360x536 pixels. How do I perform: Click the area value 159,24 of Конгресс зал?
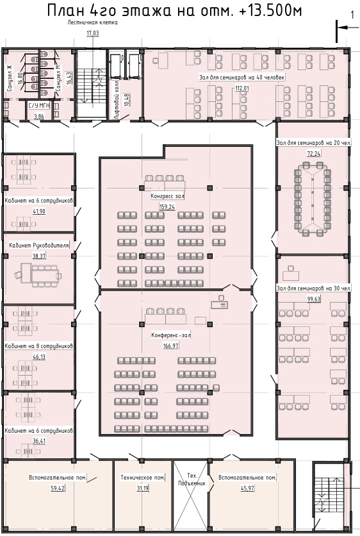coord(167,206)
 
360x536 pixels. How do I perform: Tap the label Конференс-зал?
coord(171,335)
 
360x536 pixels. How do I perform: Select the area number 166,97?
coord(171,346)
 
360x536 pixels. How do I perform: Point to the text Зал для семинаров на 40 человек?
coord(242,77)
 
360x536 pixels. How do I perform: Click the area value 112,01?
coord(242,88)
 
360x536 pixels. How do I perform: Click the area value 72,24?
coord(314,153)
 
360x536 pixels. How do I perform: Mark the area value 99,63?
coord(314,299)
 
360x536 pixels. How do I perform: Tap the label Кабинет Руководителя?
coord(39,246)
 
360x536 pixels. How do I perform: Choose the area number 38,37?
coord(39,256)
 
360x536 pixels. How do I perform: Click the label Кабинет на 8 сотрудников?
coord(38,346)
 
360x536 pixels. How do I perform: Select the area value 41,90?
coord(39,211)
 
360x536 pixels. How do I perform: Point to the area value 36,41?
coord(39,440)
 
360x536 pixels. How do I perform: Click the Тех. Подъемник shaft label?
coord(192,479)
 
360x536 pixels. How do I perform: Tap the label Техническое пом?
coord(143,478)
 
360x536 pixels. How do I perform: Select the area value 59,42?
coord(58,488)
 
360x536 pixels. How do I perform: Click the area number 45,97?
coord(247,488)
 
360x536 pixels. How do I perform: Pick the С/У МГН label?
coord(38,106)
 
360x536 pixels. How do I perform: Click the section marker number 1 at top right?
coord(352,15)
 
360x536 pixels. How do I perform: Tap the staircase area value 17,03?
coord(92,33)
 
